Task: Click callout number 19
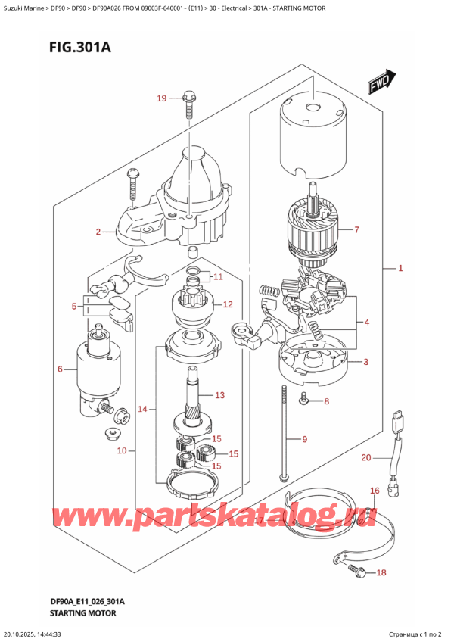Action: [161, 98]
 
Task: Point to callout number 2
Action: [98, 232]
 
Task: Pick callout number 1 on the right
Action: [400, 268]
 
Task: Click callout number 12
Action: [228, 305]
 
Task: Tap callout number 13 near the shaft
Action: [220, 394]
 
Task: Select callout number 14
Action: [143, 410]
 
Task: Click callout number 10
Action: [122, 452]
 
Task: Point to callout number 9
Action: [305, 439]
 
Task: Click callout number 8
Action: [326, 401]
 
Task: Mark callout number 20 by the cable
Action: [367, 457]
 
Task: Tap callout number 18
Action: [381, 572]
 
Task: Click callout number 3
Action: [365, 362]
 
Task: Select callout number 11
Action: [219, 276]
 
